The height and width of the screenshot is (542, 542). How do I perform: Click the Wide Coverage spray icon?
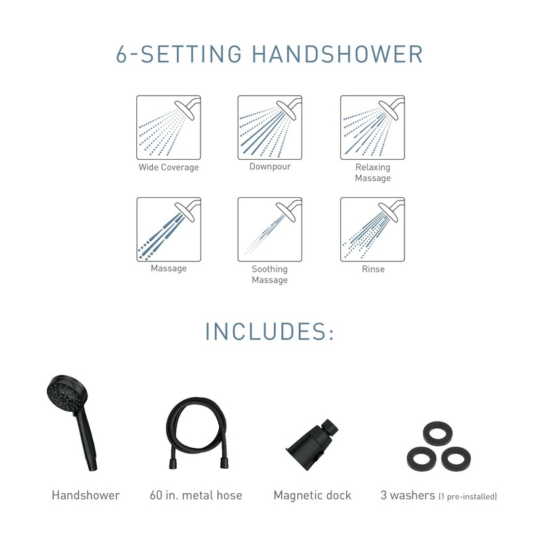pyautogui.click(x=169, y=127)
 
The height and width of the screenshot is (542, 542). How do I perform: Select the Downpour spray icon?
pyautogui.click(x=270, y=127)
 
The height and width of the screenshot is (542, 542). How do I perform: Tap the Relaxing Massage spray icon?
pyautogui.click(x=372, y=127)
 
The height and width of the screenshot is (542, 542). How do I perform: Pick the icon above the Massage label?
pyautogui.click(x=169, y=229)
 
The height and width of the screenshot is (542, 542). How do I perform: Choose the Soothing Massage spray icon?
pyautogui.click(x=270, y=229)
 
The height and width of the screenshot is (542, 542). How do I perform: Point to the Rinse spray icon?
pyautogui.click(x=372, y=229)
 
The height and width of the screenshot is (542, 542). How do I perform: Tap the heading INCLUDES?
pyautogui.click(x=270, y=333)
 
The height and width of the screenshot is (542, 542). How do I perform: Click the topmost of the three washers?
pyautogui.click(x=432, y=432)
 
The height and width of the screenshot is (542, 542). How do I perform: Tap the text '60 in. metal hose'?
pyautogui.click(x=196, y=495)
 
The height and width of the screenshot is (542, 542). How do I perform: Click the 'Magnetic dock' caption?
pyautogui.click(x=312, y=495)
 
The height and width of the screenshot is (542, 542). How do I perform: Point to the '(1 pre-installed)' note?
pyautogui.click(x=467, y=497)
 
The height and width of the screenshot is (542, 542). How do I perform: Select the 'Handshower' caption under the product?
pyautogui.click(x=85, y=495)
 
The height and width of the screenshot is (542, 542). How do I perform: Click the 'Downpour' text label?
pyautogui.click(x=270, y=166)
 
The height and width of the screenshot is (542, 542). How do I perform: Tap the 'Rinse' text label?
pyautogui.click(x=373, y=269)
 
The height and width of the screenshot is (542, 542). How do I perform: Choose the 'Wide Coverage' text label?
pyautogui.click(x=169, y=167)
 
